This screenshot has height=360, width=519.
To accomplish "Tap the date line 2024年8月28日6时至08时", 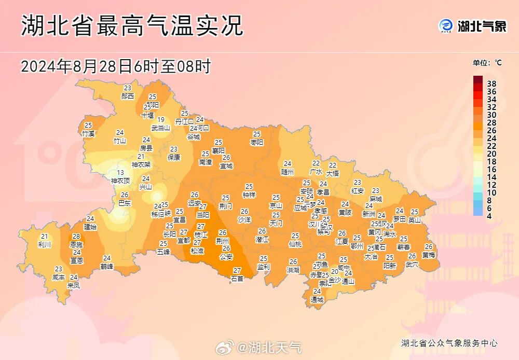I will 115,66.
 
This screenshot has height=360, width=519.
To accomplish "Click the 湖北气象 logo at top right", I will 473,25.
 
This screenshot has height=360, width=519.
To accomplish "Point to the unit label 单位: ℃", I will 487,63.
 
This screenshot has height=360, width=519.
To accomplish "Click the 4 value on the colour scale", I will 489,215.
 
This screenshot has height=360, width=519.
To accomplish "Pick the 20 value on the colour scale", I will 491,154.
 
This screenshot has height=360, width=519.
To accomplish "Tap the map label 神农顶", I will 120,181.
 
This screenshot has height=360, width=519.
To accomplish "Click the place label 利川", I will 45,244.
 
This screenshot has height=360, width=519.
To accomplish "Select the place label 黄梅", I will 429,255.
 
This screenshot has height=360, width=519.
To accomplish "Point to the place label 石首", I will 237,279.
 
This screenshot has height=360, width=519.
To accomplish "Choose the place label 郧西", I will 128,96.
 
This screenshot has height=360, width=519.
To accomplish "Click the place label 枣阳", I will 257,142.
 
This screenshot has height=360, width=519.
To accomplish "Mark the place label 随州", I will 288,171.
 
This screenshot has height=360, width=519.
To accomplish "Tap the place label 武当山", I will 161,128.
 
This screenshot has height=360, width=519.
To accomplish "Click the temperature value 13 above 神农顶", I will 120,173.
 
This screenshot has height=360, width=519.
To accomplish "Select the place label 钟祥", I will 249,195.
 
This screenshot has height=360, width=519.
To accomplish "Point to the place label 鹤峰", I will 107,266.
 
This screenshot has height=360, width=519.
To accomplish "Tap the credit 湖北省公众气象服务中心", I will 449,343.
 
